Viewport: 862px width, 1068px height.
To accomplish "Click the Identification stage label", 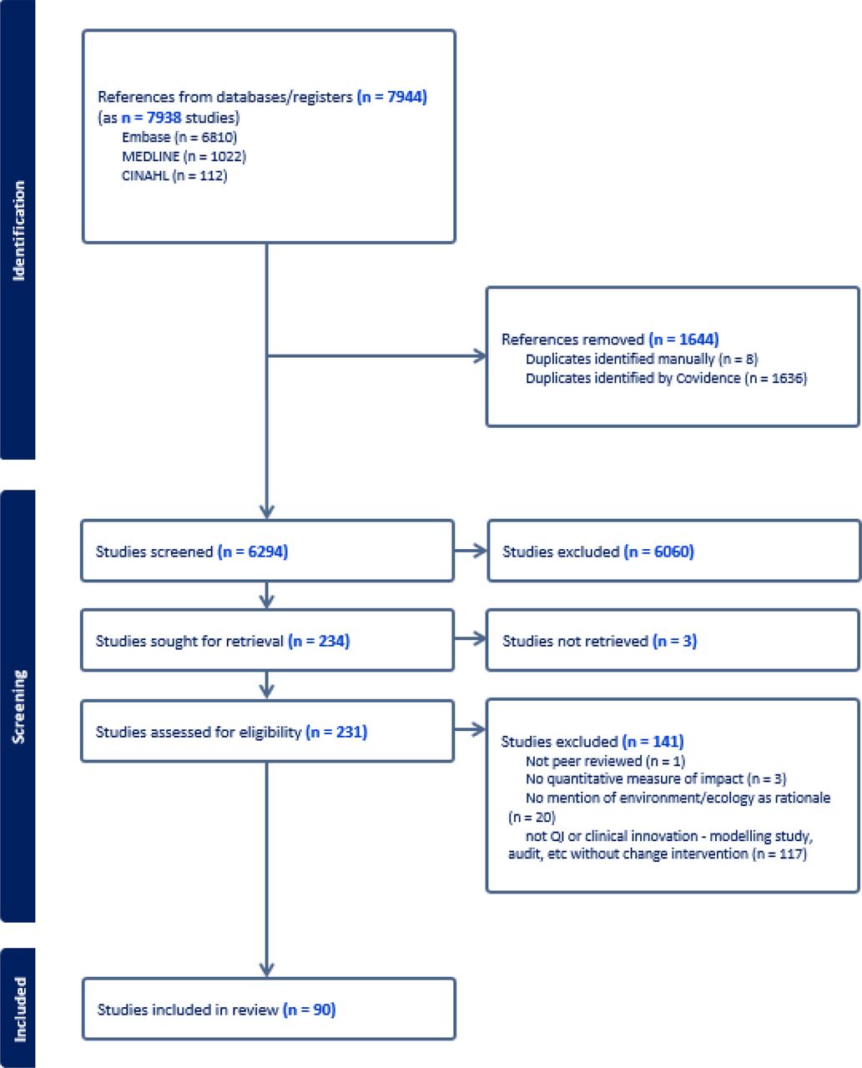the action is coord(18,230).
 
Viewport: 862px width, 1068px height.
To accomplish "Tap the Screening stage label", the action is coord(18,707).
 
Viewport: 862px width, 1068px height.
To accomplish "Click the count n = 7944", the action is coord(391,96).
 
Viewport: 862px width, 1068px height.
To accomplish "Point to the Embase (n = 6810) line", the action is coord(179,137).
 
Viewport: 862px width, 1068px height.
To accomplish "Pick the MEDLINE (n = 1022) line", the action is coord(184,156).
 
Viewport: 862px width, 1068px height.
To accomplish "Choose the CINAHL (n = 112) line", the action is coord(174,175).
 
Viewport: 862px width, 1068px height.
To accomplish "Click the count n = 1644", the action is coord(683,340).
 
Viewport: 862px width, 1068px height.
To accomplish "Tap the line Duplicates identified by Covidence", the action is coord(666,378).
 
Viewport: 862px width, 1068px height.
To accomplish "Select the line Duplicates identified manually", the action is coord(642,359).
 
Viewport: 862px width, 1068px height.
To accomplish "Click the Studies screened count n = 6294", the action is coord(253,552).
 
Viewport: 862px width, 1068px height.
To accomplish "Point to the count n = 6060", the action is coord(658,552).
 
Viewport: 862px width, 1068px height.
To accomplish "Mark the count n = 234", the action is coord(319,641).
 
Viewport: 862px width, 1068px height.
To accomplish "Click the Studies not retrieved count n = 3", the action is coord(674,641).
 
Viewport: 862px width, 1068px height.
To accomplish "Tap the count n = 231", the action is coord(336,732).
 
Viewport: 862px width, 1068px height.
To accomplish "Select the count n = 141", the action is coord(653,741).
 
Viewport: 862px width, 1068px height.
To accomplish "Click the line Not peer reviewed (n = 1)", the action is coord(605,761).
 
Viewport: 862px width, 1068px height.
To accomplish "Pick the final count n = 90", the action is coord(309,1010).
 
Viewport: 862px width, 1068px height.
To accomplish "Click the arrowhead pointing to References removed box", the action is coord(480,356).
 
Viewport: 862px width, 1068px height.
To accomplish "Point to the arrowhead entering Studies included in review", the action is coord(267,970).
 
